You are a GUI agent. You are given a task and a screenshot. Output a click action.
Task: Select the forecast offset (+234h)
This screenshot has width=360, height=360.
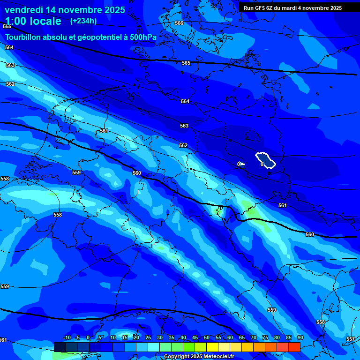(83, 21)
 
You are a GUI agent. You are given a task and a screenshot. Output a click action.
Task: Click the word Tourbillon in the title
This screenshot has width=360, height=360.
(25, 37)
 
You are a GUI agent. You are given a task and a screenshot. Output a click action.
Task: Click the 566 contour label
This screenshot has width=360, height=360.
(179, 23)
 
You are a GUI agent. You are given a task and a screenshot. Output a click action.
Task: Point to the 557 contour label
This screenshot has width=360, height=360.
(350, 339)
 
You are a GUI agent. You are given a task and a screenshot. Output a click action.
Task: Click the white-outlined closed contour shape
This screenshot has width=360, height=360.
(266, 160)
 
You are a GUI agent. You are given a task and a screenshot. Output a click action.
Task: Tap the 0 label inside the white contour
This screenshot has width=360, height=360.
(262, 164)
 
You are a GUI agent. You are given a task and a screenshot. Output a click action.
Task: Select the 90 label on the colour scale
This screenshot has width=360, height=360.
(300, 338)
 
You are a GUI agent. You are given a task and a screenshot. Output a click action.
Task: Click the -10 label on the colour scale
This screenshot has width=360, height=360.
(67, 338)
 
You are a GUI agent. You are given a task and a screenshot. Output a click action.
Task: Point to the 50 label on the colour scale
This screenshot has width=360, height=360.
(207, 338)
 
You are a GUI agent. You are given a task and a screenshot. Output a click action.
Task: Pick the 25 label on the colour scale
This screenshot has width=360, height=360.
(148, 338)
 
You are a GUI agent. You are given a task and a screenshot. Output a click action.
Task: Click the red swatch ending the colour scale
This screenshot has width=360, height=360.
(294, 347)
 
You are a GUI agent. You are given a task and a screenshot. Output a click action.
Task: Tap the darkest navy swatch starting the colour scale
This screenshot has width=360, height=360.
(60, 347)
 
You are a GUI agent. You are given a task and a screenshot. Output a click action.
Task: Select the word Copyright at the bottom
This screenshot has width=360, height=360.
(176, 357)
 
